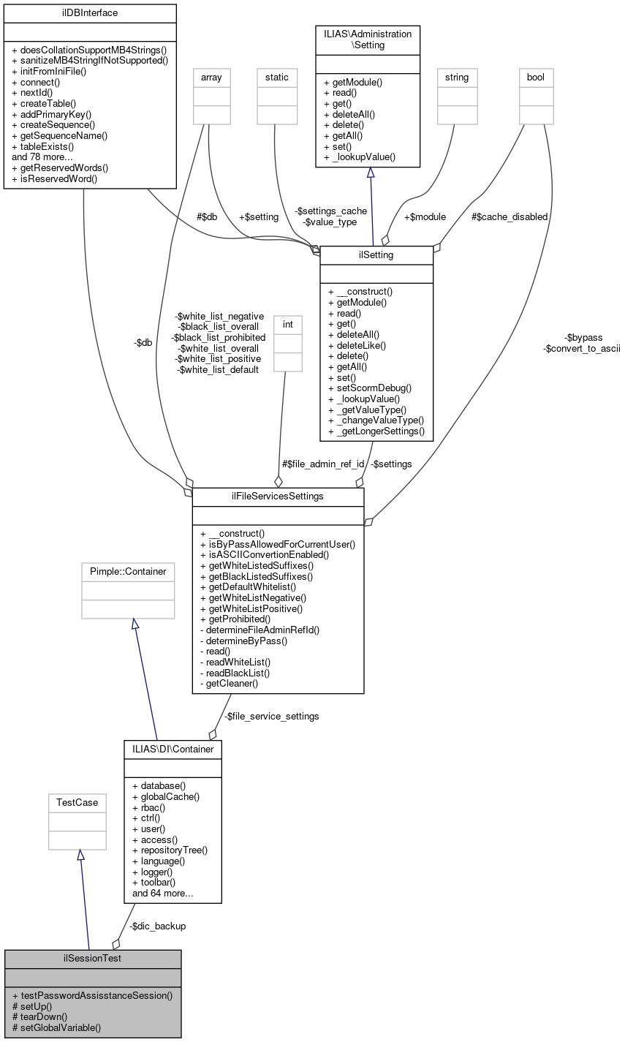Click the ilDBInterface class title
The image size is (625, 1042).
point(90,13)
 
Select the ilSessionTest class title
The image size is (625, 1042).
point(93,958)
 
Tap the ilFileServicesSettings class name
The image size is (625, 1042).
point(278,497)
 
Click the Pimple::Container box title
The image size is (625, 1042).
point(128,571)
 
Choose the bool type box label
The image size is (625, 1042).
point(536,77)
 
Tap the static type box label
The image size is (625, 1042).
point(277,77)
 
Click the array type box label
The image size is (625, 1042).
point(211,77)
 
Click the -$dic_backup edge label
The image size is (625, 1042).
point(157,926)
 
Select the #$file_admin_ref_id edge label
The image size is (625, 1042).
point(322,464)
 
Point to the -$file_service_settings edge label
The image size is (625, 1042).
point(271,716)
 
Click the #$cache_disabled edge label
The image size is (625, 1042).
point(510,216)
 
